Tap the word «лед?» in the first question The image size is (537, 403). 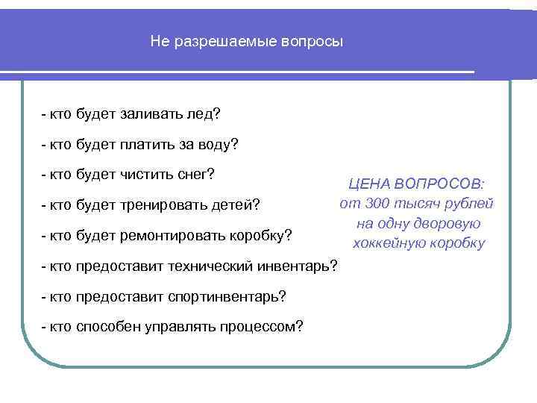pyautogui.click(x=205, y=115)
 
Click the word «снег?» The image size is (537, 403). pyautogui.click(x=196, y=175)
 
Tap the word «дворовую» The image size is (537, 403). pyautogui.click(x=442, y=223)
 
